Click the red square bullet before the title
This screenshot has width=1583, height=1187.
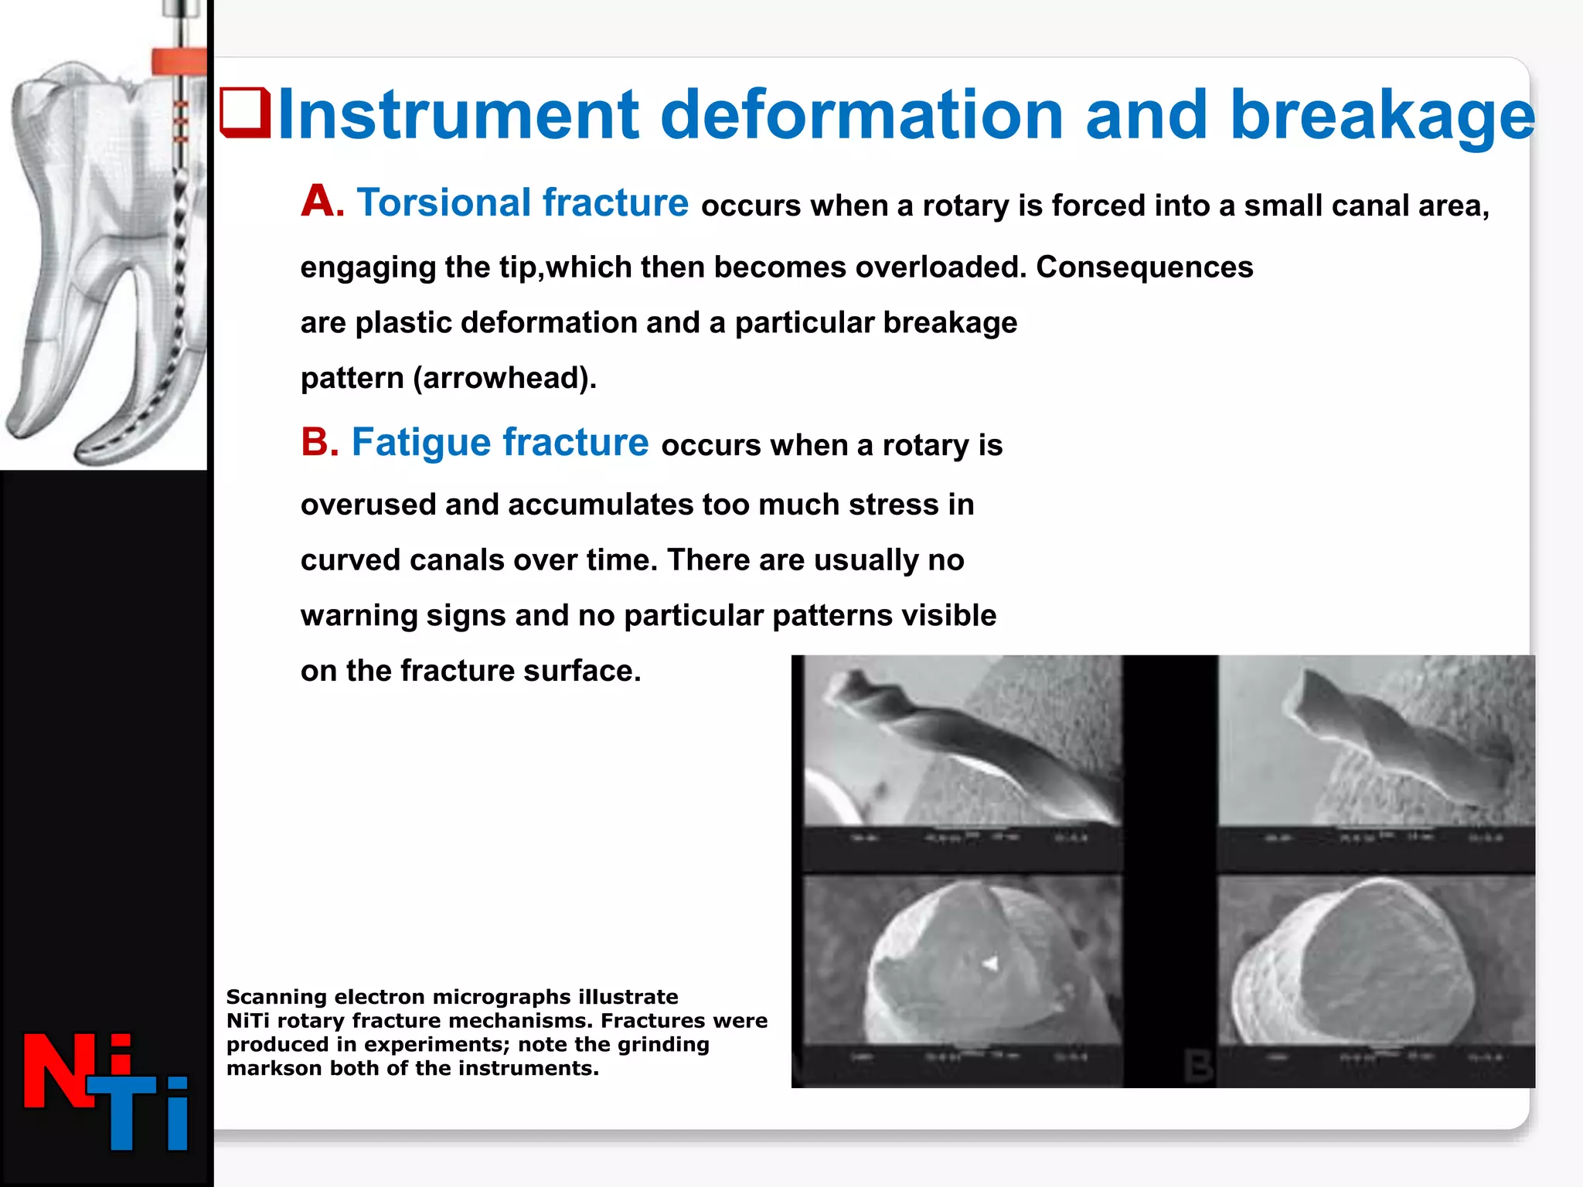(x=245, y=114)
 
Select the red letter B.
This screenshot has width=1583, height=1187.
(x=319, y=442)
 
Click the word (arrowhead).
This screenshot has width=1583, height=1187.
(x=504, y=378)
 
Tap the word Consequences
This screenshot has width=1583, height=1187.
(x=1144, y=267)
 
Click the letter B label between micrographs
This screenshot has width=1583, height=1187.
(x=1198, y=1066)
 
